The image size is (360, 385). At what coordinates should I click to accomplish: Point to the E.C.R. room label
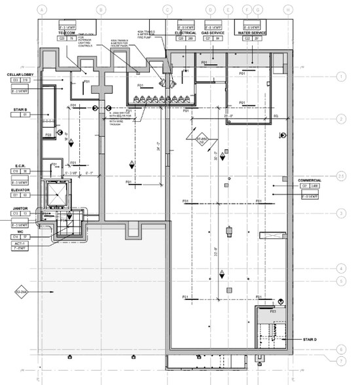(x=20, y=166)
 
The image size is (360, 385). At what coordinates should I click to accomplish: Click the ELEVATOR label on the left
(x=20, y=189)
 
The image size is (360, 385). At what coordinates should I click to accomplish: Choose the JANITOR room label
(x=20, y=208)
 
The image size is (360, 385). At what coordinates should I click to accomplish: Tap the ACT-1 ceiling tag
(x=20, y=242)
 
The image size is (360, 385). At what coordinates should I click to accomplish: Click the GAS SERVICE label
(x=213, y=32)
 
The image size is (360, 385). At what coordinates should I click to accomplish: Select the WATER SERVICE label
(x=251, y=32)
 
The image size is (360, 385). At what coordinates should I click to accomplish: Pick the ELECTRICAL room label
(x=185, y=32)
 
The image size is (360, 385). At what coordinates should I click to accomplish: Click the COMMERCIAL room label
(x=309, y=180)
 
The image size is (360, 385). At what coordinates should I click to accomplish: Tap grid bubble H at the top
(x=287, y=10)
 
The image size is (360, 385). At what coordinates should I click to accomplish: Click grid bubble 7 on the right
(x=340, y=361)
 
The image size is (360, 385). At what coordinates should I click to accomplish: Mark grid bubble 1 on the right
(x=340, y=77)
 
